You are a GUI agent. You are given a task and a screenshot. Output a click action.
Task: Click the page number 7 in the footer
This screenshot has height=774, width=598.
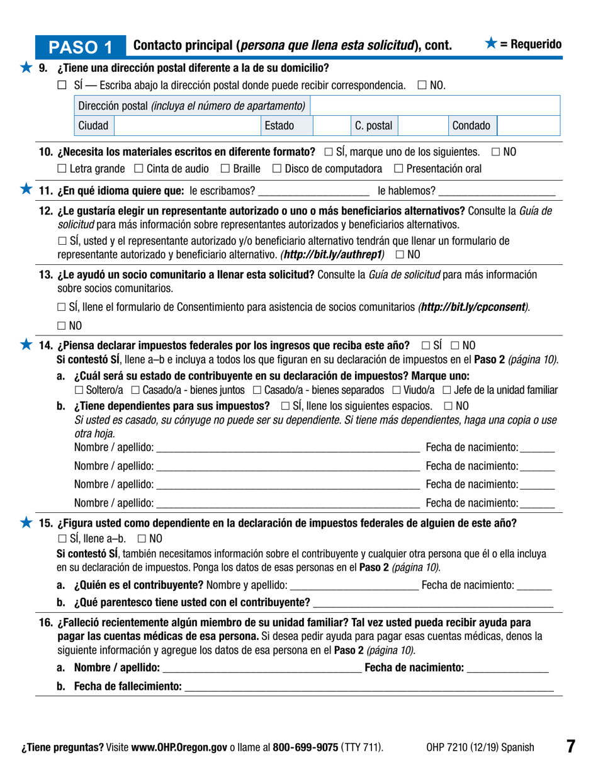click(x=570, y=747)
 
